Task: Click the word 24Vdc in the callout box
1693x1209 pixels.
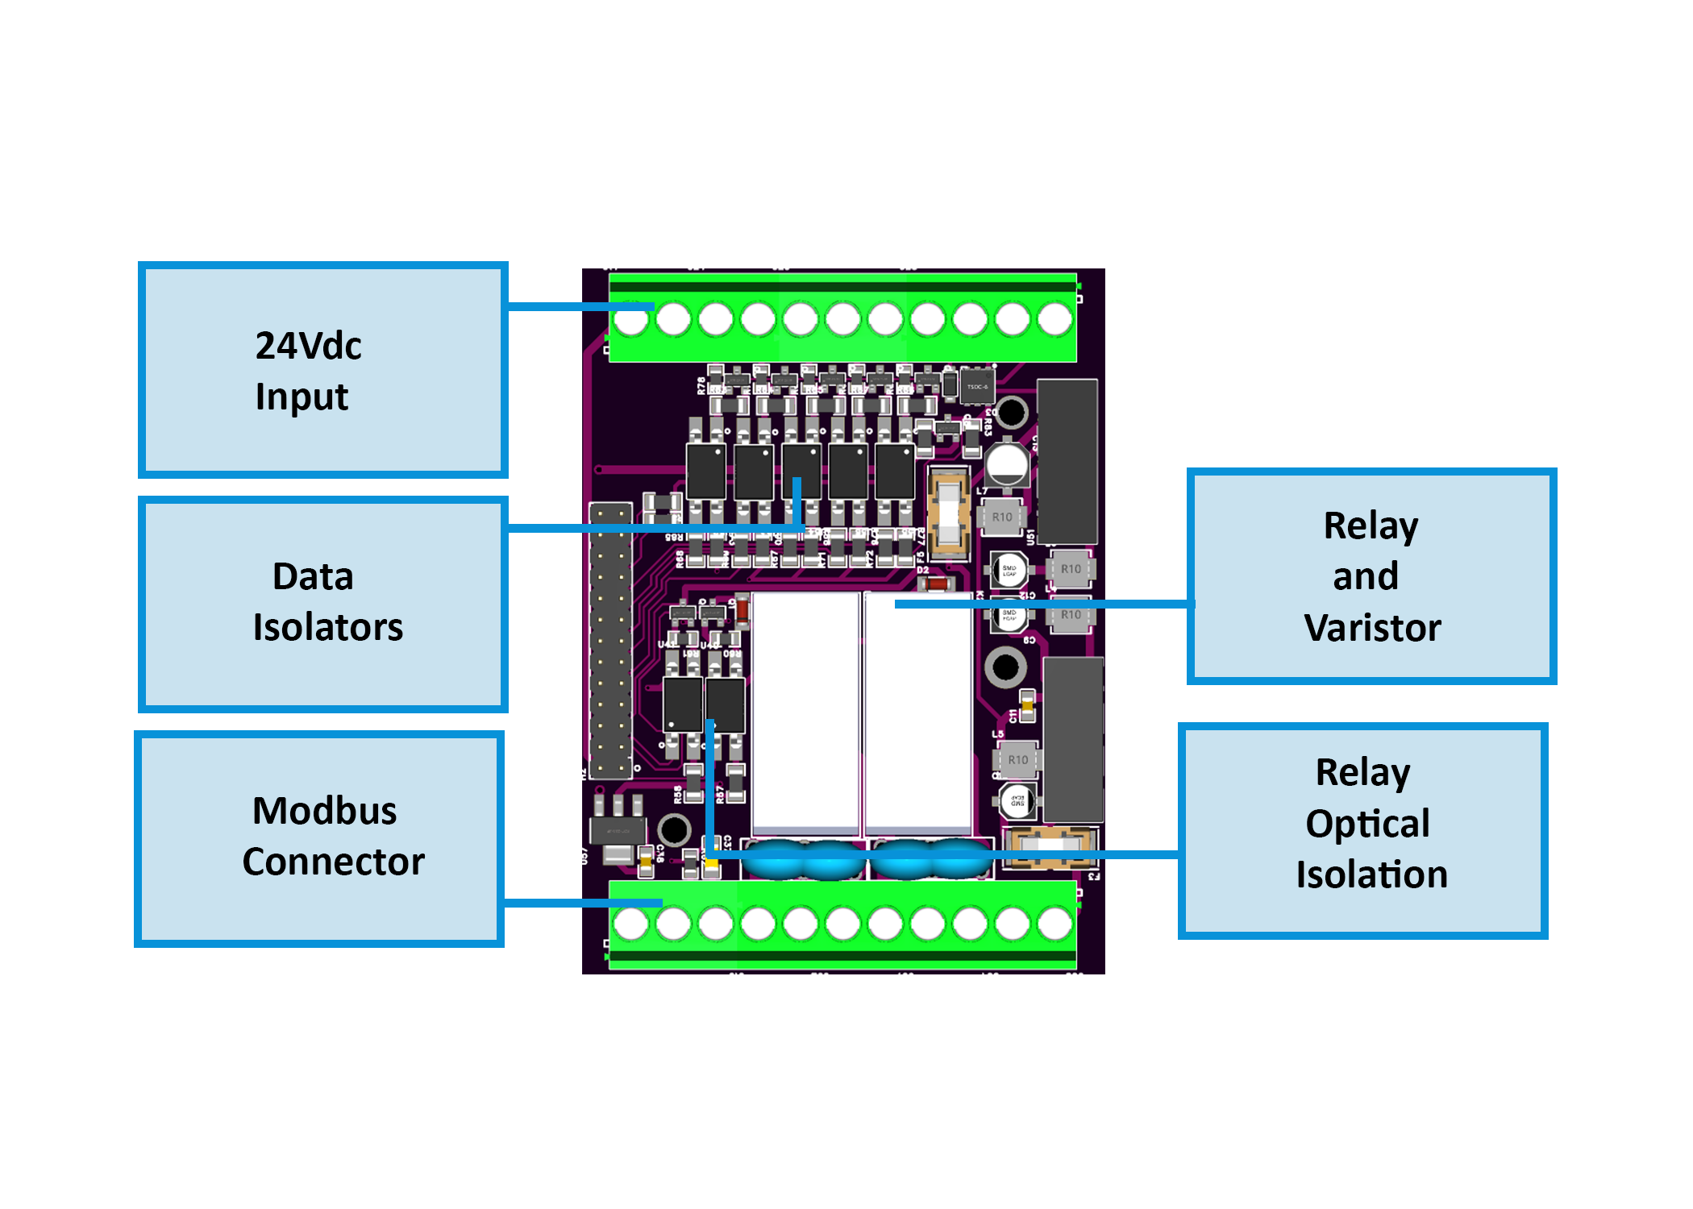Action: pyautogui.click(x=308, y=346)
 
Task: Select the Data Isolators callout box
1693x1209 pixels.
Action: pyautogui.click(x=322, y=604)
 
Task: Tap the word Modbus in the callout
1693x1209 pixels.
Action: pyautogui.click(x=324, y=811)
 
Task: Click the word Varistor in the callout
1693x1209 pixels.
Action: pyautogui.click(x=1372, y=628)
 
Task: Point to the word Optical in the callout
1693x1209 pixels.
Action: pyautogui.click(x=1367, y=824)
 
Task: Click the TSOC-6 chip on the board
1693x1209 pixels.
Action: pyautogui.click(x=977, y=387)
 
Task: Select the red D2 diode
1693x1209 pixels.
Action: pyautogui.click(x=936, y=583)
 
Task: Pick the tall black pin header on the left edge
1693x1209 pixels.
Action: pyautogui.click(x=610, y=641)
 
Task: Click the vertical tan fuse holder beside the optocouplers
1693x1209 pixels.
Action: pyautogui.click(x=949, y=514)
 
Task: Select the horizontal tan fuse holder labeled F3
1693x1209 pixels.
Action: pyautogui.click(x=1049, y=847)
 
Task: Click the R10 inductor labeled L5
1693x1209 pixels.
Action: pyautogui.click(x=1017, y=760)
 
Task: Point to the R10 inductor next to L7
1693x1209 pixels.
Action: pyautogui.click(x=1002, y=517)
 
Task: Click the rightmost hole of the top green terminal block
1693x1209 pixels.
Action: pyautogui.click(x=1054, y=319)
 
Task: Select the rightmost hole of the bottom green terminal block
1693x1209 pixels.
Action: pyautogui.click(x=1054, y=923)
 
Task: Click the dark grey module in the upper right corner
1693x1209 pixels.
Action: pyautogui.click(x=1067, y=461)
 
